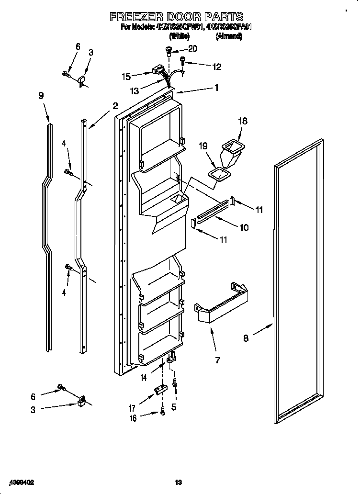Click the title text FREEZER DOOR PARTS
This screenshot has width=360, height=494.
pos(177,17)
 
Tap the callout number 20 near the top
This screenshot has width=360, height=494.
pos(192,48)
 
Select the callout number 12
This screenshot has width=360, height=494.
pos(217,67)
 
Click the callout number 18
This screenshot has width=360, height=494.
pos(243,121)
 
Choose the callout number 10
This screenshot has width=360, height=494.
pos(244,227)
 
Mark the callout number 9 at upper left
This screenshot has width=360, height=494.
pos(41,96)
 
